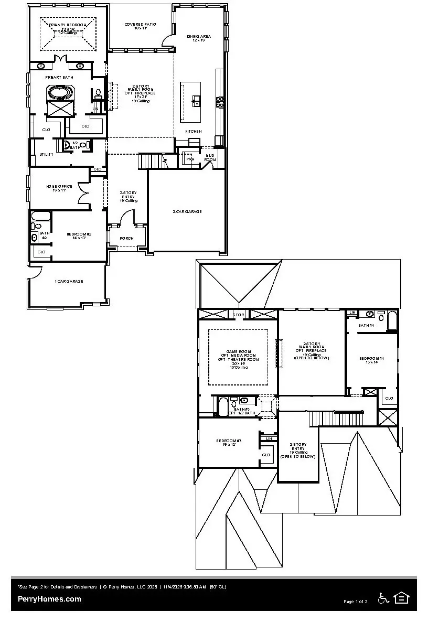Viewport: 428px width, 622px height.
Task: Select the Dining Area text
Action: (199, 37)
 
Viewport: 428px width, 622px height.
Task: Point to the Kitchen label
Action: (194, 131)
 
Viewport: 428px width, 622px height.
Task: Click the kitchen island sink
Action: (197, 100)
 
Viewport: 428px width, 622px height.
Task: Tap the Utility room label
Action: (46, 154)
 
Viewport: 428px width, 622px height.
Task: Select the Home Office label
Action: (59, 186)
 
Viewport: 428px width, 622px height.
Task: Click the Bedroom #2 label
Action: (79, 234)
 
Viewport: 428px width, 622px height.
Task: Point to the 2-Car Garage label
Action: (187, 211)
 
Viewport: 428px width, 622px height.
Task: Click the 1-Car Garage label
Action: (69, 281)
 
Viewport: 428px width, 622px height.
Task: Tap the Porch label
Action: (126, 238)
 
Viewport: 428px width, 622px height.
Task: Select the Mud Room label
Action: (210, 157)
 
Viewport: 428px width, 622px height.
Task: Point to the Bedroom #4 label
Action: (371, 358)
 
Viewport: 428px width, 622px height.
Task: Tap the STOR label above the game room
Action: (239, 315)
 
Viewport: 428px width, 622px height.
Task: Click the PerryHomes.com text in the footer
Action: (49, 599)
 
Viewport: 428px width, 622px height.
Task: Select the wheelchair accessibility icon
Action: (383, 598)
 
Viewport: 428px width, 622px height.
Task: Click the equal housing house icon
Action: (402, 598)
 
